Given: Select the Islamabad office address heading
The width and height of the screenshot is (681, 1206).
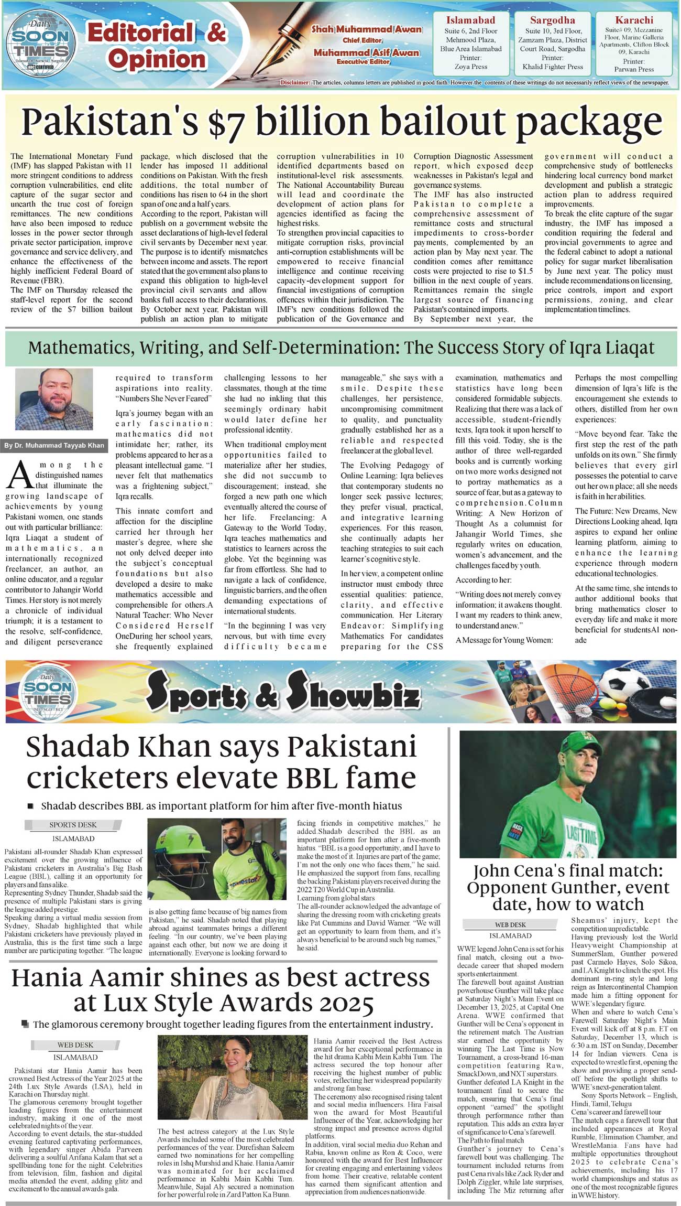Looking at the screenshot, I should point(470,20).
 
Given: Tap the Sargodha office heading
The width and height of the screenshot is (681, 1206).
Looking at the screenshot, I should point(552,20).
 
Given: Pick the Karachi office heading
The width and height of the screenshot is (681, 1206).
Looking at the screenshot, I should point(634,20).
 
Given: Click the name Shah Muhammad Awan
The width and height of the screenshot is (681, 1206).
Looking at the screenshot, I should point(366,29).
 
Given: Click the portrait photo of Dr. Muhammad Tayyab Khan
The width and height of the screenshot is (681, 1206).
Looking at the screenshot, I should point(54,399).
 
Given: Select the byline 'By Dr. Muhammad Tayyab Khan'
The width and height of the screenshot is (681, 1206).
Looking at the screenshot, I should point(54,446).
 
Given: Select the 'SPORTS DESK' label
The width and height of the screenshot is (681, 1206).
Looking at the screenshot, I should point(73,825).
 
